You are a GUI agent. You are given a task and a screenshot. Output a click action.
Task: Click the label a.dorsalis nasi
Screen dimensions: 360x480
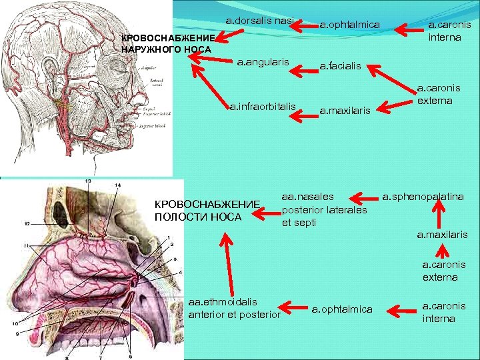(x=260, y=21)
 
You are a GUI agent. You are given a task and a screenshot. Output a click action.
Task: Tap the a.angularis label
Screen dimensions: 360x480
(x=263, y=62)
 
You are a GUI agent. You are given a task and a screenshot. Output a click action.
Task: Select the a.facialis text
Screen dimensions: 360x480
(x=340, y=66)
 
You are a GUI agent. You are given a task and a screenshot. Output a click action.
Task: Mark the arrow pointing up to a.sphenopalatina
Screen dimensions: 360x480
(x=438, y=215)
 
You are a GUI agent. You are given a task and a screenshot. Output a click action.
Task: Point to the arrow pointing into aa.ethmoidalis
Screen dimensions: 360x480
(x=292, y=307)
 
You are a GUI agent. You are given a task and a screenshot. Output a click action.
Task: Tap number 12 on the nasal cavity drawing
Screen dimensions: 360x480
(x=28, y=223)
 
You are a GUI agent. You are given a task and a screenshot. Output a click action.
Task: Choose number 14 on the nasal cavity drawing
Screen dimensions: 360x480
(x=117, y=184)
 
